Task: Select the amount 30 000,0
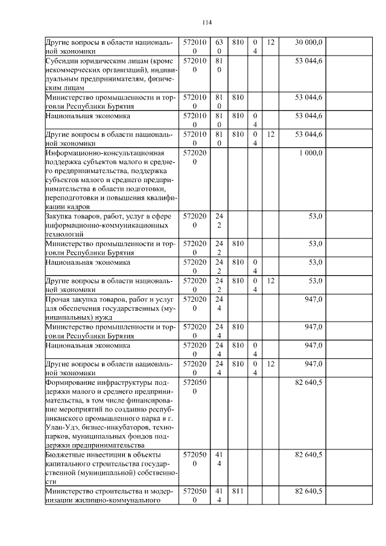pyautogui.click(x=309, y=42)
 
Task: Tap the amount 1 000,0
pyautogui.click(x=311, y=153)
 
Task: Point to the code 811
pyautogui.click(x=237, y=492)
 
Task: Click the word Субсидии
pyautogui.click(x=61, y=62)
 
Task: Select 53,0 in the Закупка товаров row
pyautogui.click(x=315, y=216)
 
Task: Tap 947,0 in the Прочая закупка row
pyautogui.click(x=314, y=299)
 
